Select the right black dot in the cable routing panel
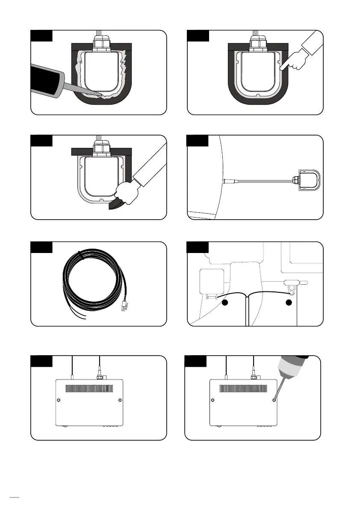(x=289, y=303)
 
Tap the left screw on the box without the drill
(x=59, y=400)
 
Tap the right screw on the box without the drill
(x=120, y=400)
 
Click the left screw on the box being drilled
(x=212, y=400)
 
